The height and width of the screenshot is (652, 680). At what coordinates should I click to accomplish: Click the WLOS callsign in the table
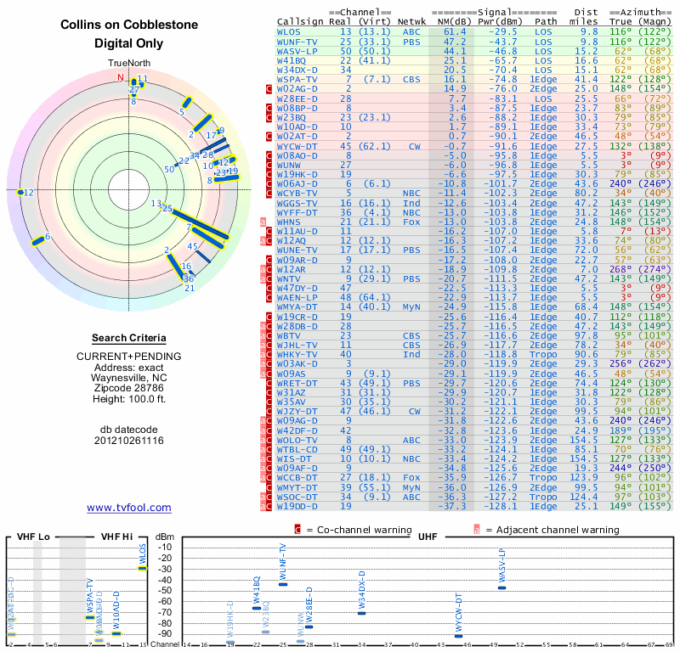click(289, 31)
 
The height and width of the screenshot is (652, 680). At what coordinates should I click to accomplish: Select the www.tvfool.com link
click(129, 508)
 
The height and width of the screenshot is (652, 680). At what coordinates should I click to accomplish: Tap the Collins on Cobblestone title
click(129, 25)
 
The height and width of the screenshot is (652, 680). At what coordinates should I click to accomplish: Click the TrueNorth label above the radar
click(129, 64)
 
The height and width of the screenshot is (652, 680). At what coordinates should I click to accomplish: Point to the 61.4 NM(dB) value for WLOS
click(454, 31)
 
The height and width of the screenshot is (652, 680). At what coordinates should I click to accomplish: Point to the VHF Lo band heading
click(32, 537)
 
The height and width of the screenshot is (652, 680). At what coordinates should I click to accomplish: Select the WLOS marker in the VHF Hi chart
click(143, 568)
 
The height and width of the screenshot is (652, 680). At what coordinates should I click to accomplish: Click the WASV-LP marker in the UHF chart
click(501, 587)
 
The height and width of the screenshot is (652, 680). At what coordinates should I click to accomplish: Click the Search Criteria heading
click(129, 338)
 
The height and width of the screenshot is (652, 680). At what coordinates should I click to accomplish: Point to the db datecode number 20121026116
click(129, 441)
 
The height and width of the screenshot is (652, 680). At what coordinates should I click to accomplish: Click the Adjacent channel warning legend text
click(552, 530)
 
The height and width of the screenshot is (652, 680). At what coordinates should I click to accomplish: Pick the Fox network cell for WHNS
click(411, 222)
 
